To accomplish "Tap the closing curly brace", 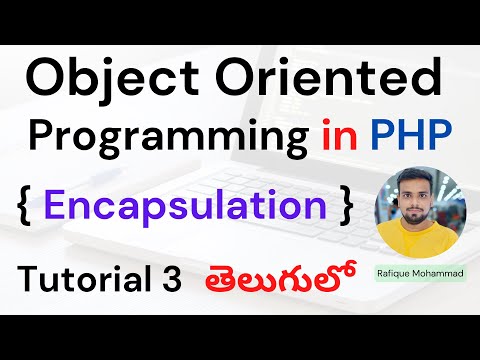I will click(x=345, y=206).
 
